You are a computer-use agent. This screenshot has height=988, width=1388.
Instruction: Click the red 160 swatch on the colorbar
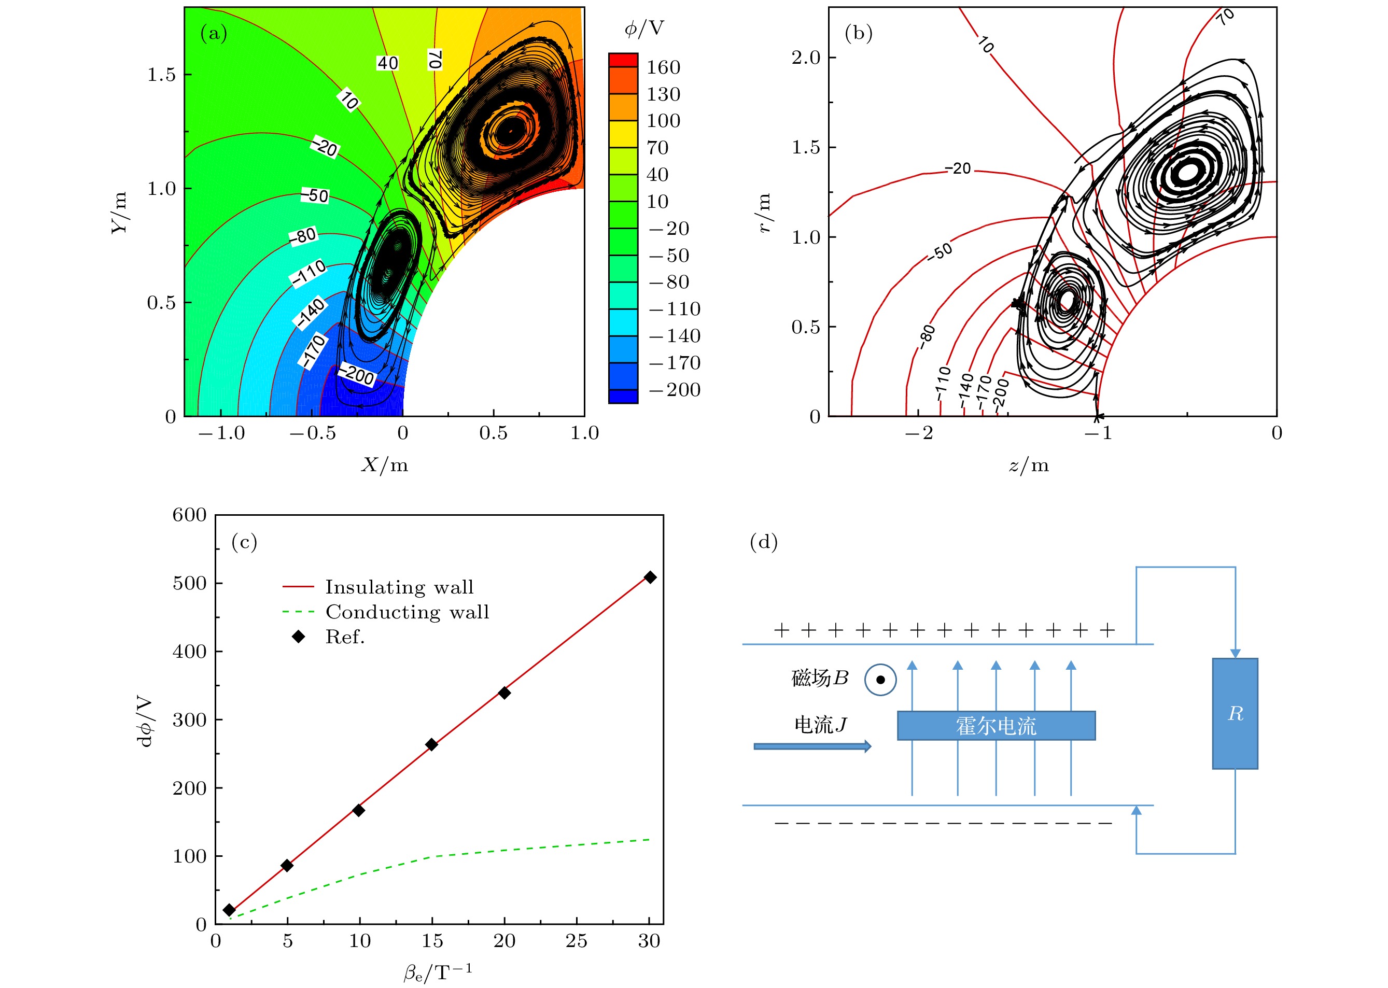[623, 60]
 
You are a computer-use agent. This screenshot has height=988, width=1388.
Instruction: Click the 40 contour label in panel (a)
[388, 63]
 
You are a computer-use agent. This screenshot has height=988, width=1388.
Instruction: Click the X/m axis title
[385, 465]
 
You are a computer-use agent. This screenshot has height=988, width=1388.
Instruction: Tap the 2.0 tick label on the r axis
[806, 58]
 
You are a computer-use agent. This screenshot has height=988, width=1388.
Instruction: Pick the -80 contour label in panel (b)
[927, 336]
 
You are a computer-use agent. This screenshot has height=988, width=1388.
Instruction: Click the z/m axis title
[1028, 465]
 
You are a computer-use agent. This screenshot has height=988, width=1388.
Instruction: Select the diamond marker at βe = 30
[650, 577]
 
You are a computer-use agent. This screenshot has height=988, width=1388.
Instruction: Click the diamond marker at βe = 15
[431, 745]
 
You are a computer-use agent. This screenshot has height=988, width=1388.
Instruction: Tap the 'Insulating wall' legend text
[399, 587]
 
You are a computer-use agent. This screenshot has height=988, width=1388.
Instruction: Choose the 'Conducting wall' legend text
[407, 612]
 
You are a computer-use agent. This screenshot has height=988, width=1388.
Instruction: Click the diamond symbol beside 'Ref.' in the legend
[298, 637]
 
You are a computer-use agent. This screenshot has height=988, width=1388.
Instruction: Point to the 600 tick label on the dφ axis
[189, 515]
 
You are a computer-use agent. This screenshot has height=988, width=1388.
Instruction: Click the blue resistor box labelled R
[1235, 714]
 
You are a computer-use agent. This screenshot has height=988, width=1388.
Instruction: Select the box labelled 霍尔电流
[996, 726]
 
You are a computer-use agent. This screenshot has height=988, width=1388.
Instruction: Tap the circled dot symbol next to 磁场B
[880, 680]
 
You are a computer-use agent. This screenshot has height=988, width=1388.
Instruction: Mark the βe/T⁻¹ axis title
[438, 972]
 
